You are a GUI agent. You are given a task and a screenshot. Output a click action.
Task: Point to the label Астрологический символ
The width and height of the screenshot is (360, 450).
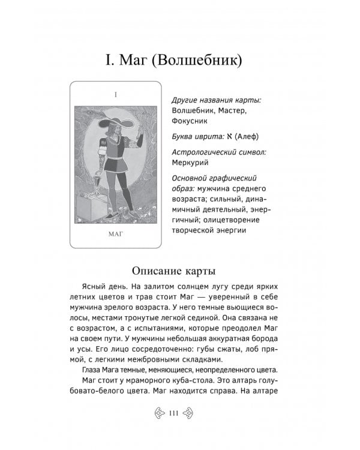219,151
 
